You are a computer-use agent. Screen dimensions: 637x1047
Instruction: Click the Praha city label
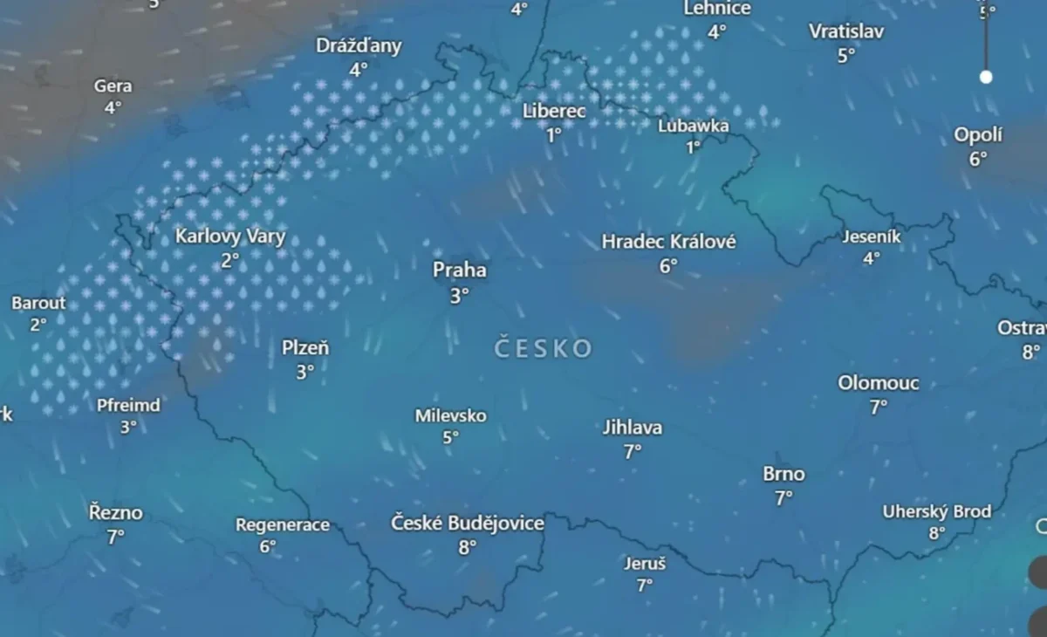click(x=460, y=271)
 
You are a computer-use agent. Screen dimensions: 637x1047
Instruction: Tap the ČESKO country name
click(x=543, y=349)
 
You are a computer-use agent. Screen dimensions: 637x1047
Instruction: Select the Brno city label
click(x=784, y=475)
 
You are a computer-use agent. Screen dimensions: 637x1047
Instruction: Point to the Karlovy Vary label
click(x=230, y=236)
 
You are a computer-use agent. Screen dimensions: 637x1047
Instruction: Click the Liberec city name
click(x=554, y=112)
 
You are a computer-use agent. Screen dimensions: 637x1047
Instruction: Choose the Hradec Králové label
click(x=668, y=242)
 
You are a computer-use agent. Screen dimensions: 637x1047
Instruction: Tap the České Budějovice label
click(x=468, y=524)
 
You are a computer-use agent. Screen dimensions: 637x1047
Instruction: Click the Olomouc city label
click(x=878, y=383)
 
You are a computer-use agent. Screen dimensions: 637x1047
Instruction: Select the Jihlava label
click(x=633, y=428)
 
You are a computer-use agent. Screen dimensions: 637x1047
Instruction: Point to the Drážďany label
click(x=359, y=46)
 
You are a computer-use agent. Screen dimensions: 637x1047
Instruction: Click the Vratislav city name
click(x=846, y=32)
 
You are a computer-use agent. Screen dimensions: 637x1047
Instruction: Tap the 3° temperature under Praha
click(x=460, y=296)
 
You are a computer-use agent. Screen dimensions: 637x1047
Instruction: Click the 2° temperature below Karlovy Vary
click(x=229, y=260)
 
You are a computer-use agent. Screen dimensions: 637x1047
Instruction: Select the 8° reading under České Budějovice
click(x=468, y=548)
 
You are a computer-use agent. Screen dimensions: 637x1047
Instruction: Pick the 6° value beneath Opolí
click(x=978, y=159)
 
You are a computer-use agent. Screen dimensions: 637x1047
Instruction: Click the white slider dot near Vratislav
click(x=986, y=77)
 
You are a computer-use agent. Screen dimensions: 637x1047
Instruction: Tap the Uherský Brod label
click(x=937, y=511)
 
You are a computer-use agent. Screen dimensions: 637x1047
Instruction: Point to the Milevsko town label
click(x=450, y=416)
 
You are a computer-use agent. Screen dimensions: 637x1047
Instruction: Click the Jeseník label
click(x=872, y=236)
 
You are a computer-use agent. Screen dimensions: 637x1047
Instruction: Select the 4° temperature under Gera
click(x=113, y=108)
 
